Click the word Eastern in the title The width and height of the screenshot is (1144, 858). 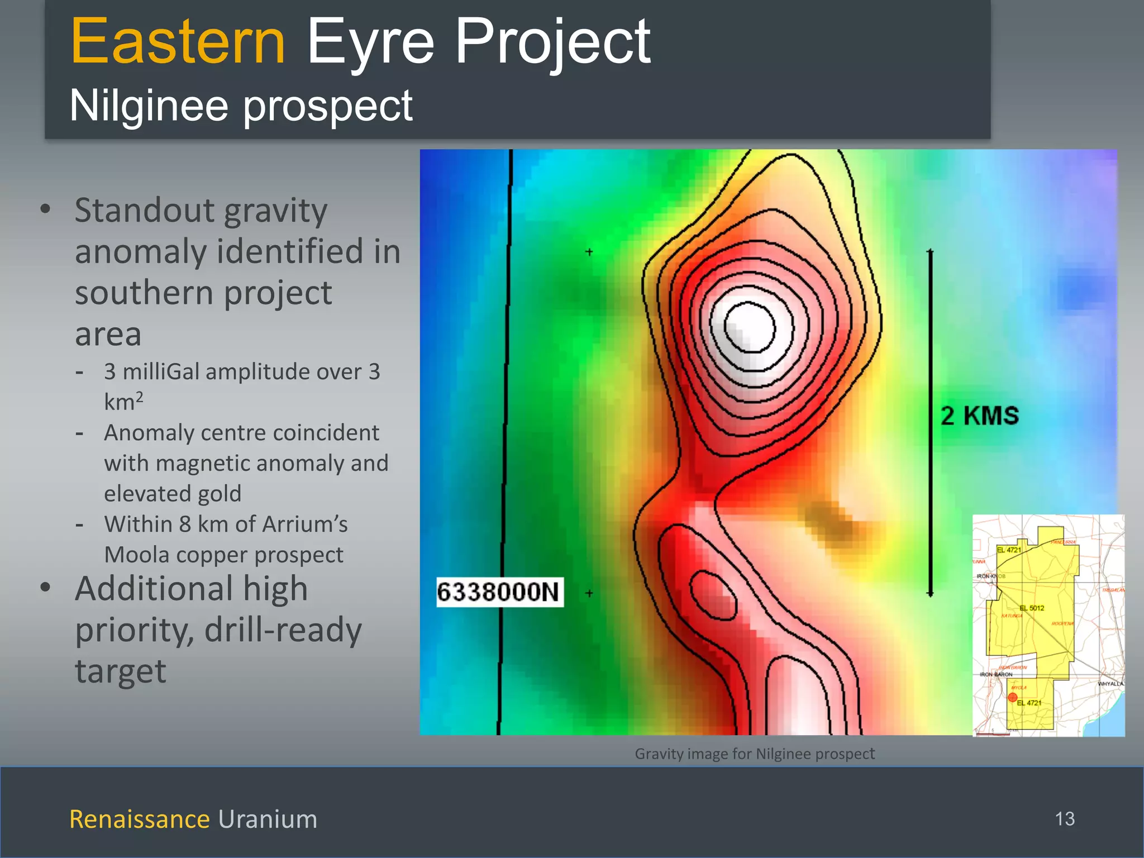tap(178, 42)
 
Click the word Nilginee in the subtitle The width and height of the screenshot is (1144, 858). tap(149, 106)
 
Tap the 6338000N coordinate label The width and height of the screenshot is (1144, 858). tap(499, 592)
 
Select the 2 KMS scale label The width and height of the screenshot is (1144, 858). tap(980, 416)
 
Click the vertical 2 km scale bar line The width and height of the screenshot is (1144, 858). tap(931, 425)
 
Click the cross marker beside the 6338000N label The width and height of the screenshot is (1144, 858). tap(589, 593)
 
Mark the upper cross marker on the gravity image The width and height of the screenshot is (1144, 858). tap(589, 252)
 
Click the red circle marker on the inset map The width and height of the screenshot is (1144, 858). tap(1012, 697)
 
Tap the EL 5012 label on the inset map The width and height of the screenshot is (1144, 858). tap(1031, 608)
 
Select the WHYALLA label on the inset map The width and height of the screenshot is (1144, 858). tap(1110, 684)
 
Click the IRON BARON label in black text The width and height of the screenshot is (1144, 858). tap(996, 674)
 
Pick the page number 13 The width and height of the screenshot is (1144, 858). tap(1065, 819)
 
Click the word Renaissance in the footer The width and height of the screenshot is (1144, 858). tap(139, 819)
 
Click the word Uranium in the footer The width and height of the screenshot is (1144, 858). tap(268, 819)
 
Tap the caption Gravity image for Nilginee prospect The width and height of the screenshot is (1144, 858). tap(754, 754)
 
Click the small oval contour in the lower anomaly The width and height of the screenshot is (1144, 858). tap(713, 595)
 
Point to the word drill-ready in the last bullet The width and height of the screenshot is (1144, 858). tap(283, 630)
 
